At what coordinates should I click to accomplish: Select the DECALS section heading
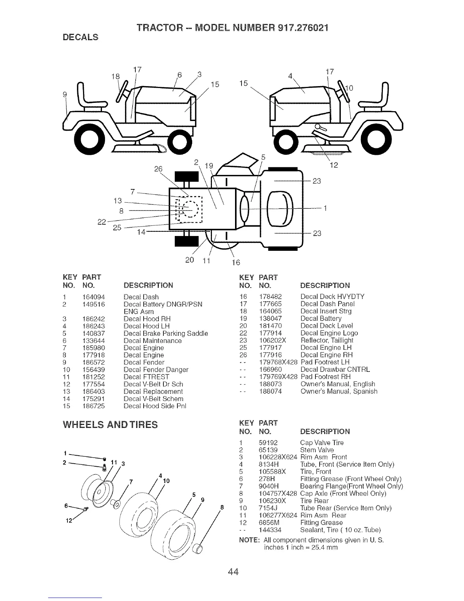pos(80,37)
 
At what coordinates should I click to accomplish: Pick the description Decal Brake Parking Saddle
pos(166,334)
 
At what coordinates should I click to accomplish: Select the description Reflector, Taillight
pos(326,340)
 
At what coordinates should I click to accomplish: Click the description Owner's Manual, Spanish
pos(339,391)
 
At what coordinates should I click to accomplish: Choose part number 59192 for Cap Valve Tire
pos(268,442)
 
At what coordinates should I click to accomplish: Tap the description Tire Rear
pos(314,501)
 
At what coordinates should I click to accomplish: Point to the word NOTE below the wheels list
pos(249,540)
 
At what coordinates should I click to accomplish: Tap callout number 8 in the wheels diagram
pos(222,508)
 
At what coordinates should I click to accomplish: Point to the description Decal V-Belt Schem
pos(153,399)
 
